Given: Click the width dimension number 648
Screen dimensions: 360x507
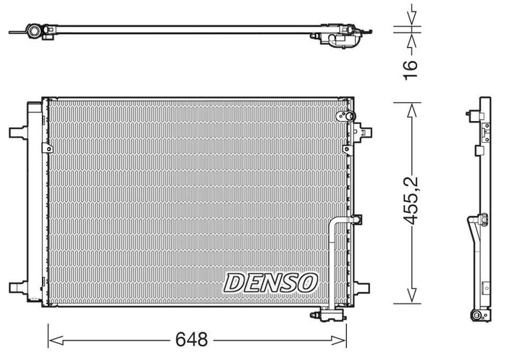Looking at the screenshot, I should click(x=192, y=338).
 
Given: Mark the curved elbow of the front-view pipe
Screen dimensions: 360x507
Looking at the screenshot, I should click(x=333, y=222).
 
